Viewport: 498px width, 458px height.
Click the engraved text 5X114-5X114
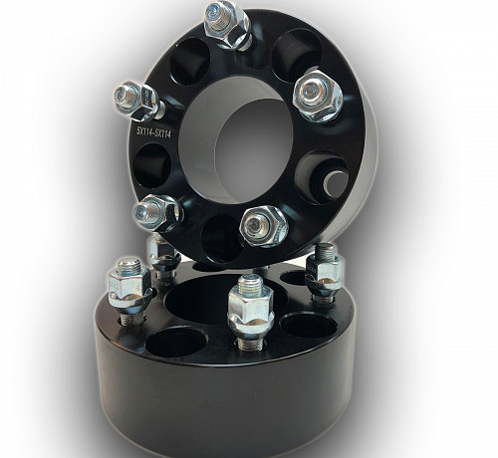pos(153,133)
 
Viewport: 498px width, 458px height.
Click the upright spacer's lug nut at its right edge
pos(318,96)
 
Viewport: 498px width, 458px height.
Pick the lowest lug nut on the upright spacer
pos(264,226)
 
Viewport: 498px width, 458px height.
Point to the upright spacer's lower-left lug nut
pos(157,212)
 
